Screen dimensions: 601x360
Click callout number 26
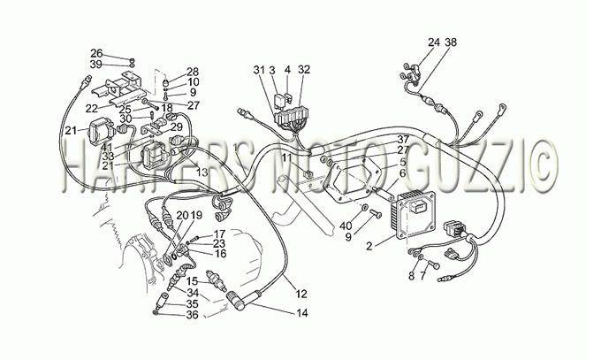[96, 53]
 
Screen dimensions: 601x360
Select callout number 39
[96, 64]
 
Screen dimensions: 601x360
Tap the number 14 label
[302, 313]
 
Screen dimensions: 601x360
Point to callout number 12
[301, 294]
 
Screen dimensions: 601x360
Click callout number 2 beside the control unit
[369, 246]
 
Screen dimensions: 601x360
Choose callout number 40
[346, 226]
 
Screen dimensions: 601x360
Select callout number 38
[451, 42]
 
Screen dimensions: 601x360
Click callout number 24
[434, 42]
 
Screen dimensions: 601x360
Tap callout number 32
[303, 70]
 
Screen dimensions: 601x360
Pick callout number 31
[259, 70]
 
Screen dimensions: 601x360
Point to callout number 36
[192, 315]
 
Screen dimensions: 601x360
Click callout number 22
[92, 109]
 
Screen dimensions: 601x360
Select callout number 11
[287, 157]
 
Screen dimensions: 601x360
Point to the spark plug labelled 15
[216, 280]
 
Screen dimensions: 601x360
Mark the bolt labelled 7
[434, 264]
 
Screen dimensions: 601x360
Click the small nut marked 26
[133, 60]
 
